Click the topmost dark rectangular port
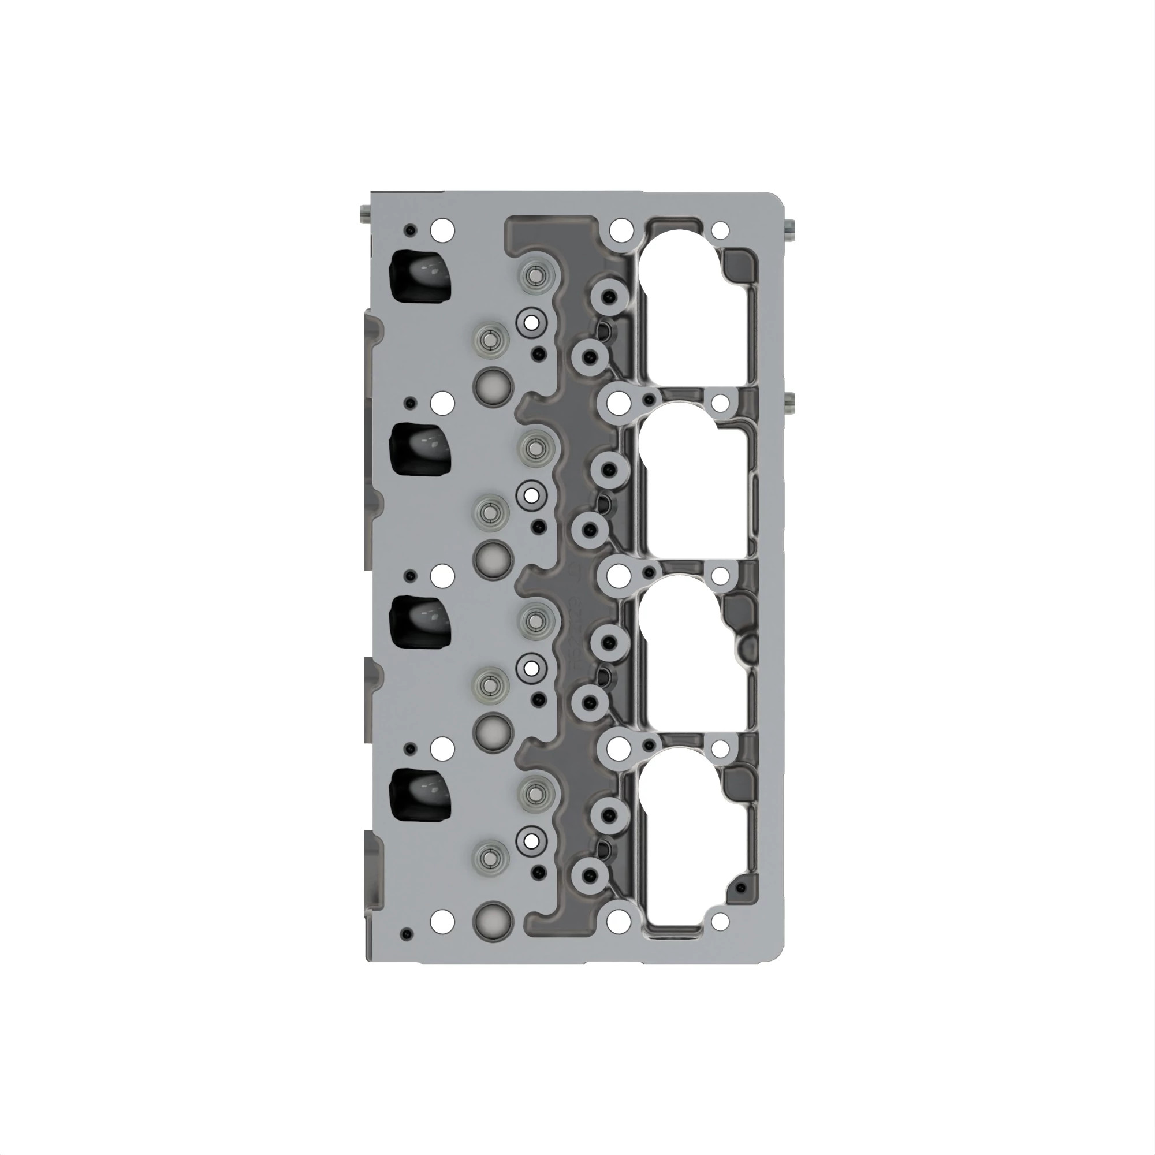point(420,277)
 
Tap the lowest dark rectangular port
point(420,795)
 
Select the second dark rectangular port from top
point(420,449)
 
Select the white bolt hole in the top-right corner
point(721,230)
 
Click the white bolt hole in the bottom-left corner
point(442,921)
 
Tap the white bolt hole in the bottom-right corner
point(721,921)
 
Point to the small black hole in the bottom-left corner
point(408,933)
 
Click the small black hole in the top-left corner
point(410,230)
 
